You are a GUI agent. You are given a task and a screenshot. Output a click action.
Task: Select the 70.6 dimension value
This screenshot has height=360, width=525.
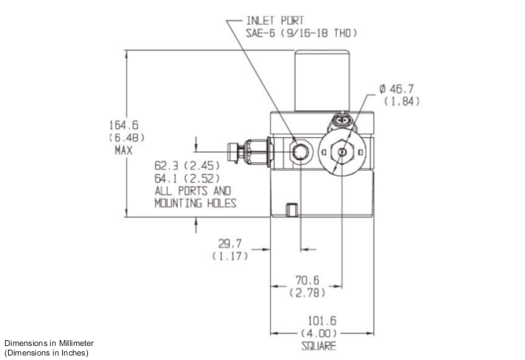pyautogui.click(x=304, y=281)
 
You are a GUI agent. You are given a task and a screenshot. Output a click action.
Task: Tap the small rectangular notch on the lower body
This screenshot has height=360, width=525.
pyautogui.click(x=292, y=209)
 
